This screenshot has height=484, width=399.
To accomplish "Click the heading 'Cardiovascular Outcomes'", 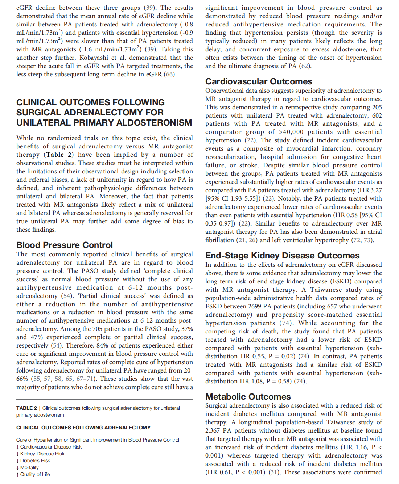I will point(259,81).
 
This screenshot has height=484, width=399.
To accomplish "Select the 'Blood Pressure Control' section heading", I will point(65,245).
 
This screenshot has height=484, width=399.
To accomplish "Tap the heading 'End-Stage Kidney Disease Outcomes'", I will point(282,256).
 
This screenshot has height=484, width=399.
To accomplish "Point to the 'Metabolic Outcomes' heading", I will point(248,397).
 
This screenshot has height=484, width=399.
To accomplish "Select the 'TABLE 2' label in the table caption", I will point(26,408).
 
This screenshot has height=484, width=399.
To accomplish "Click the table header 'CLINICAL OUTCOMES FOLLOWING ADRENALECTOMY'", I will point(83,428).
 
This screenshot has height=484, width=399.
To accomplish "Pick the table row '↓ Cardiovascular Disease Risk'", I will point(49,447).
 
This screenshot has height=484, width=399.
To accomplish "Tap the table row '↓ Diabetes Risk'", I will point(33,460).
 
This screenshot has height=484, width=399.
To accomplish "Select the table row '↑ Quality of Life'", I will point(33,474).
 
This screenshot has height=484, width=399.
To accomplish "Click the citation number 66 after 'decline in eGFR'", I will point(169,74).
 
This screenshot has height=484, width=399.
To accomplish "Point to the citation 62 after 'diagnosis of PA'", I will point(305,66).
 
